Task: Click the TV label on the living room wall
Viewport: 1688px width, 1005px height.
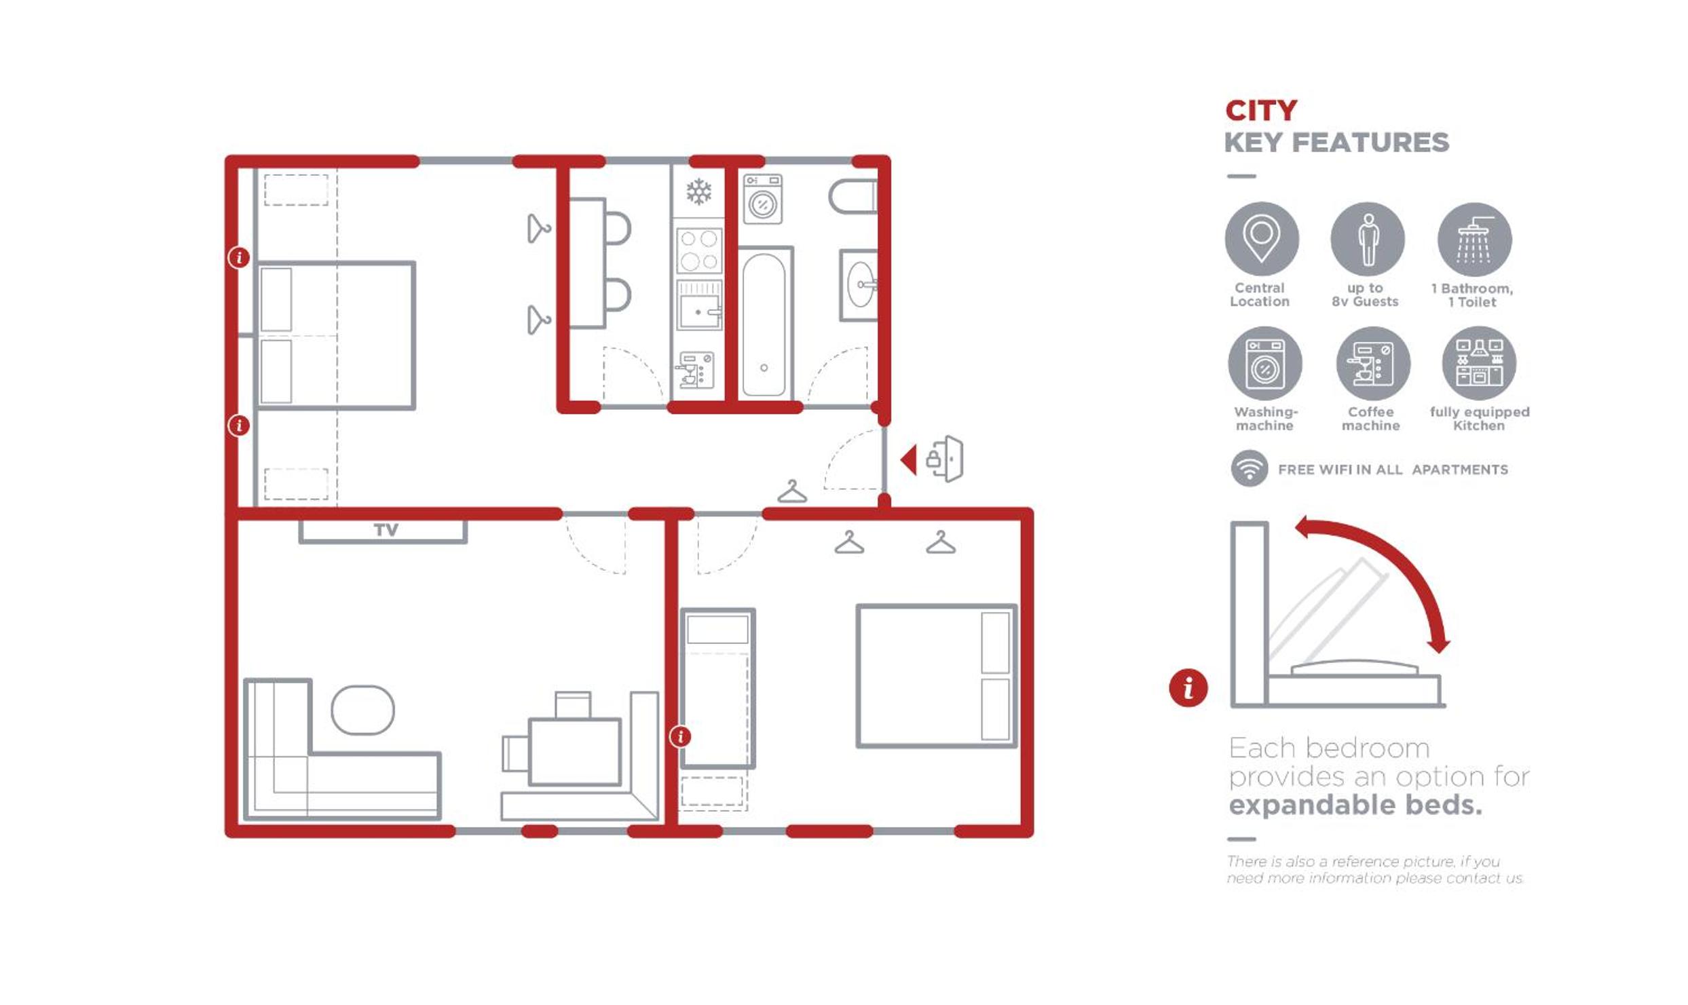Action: (x=386, y=530)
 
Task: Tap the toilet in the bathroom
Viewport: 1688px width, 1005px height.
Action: (x=853, y=197)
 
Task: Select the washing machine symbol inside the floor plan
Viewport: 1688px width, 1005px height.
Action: (x=762, y=200)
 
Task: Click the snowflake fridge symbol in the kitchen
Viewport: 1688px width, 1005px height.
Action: (x=698, y=192)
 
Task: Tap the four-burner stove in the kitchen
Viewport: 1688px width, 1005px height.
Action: (x=699, y=250)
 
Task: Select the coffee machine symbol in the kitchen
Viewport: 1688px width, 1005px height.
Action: (x=695, y=370)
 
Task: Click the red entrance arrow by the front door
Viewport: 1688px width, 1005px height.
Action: (x=909, y=460)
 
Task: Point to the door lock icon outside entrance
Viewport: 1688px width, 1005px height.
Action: (x=945, y=459)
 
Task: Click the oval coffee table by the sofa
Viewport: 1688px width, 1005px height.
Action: (x=362, y=710)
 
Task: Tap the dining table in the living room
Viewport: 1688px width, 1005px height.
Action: (x=574, y=752)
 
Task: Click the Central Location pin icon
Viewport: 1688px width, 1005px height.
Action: (x=1261, y=239)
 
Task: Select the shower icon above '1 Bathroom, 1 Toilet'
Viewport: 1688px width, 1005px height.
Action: (x=1474, y=240)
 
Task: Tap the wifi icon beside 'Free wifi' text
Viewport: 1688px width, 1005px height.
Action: (x=1250, y=468)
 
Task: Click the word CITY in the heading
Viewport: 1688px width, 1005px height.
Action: (x=1261, y=111)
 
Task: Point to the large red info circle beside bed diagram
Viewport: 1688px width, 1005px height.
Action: (x=1188, y=688)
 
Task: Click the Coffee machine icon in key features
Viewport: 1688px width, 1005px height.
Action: (x=1373, y=364)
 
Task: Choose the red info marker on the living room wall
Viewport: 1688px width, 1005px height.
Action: (x=680, y=736)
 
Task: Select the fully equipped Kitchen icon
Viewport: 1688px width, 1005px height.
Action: (x=1479, y=363)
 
